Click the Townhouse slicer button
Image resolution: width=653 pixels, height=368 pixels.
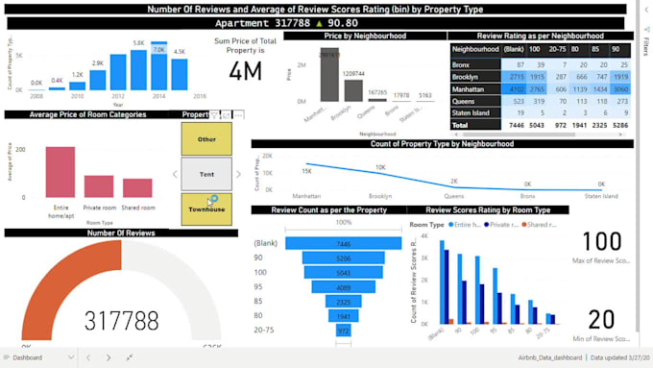point(206,209)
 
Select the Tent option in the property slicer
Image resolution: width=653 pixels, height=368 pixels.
point(206,174)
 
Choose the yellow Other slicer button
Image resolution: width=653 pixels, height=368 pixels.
point(206,138)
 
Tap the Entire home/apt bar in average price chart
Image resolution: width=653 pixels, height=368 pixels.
point(60,172)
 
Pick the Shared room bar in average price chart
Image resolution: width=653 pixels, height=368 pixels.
point(137,187)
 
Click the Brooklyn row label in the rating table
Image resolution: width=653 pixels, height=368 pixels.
point(465,75)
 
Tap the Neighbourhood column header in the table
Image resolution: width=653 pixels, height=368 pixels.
point(475,49)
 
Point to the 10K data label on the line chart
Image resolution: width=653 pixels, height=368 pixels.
point(380,167)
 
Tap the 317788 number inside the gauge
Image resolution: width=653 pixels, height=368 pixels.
point(121,320)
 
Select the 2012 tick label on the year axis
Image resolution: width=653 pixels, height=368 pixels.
point(117,97)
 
